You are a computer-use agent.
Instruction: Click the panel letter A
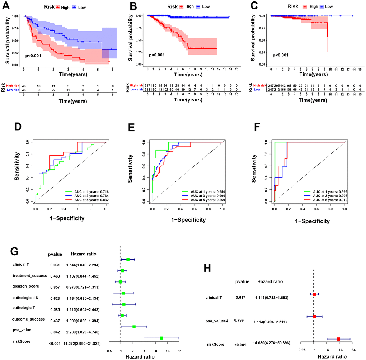(6, 7)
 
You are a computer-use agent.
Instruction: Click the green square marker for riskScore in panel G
(161, 338)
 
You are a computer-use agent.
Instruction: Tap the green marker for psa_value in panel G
(134, 327)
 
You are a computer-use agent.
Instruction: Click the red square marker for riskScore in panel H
(338, 339)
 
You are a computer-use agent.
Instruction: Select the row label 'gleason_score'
(25, 286)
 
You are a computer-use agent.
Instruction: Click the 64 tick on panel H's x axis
(353, 349)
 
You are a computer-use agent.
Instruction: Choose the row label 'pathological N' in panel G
(26, 298)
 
